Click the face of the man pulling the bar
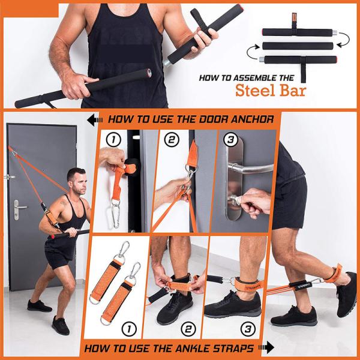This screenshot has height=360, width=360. [76, 179]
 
